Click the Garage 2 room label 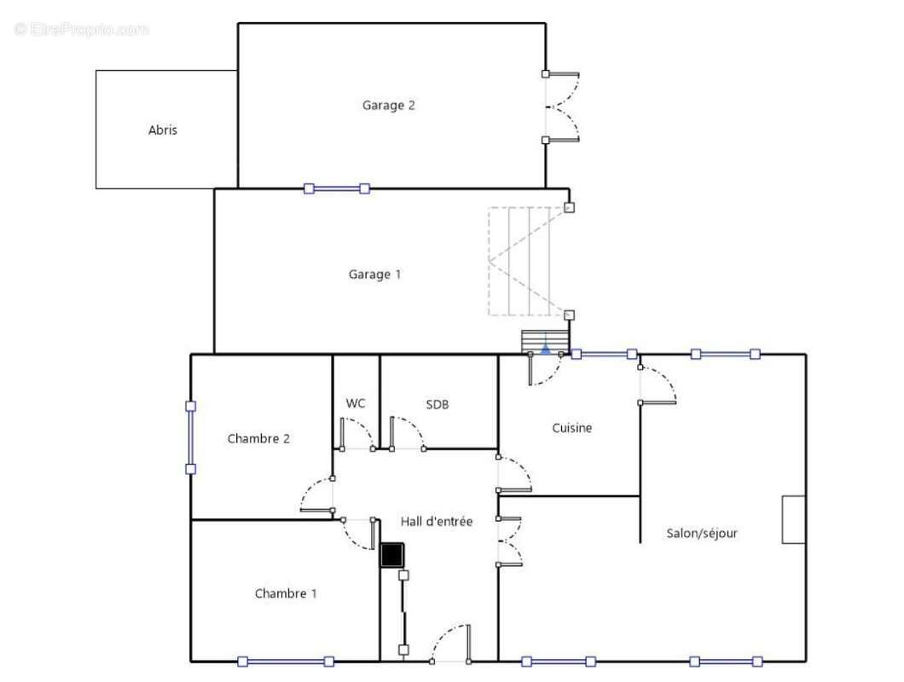389,106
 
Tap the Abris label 163,130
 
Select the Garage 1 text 374,275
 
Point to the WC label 356,403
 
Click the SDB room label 438,405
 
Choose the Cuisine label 572,428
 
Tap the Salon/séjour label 702,534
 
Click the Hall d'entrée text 437,521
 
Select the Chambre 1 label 286,593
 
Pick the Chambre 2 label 259,439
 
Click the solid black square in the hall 392,555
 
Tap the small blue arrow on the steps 546,348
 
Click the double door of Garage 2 562,107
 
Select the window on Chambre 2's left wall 191,437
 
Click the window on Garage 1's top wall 337,188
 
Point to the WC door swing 357,434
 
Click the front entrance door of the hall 451,644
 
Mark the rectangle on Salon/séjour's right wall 794,519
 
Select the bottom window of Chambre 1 286,662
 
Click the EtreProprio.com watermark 81,29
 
